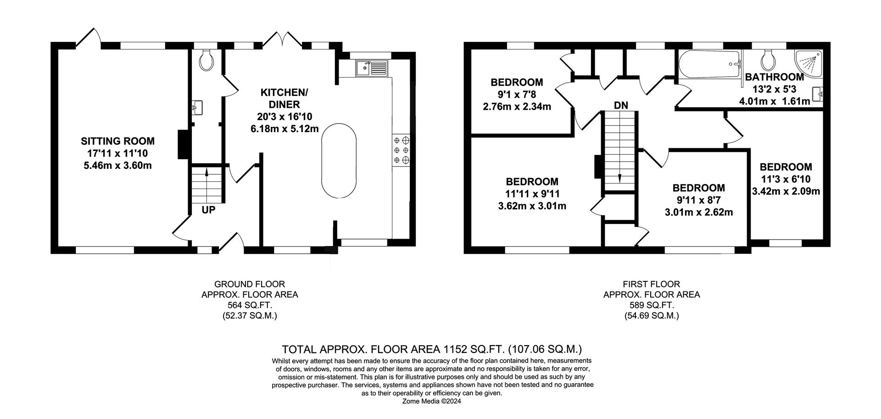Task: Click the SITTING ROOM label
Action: click(118, 141)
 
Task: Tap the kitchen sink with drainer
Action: click(371, 68)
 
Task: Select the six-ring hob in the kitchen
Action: click(401, 150)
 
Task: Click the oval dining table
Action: click(339, 160)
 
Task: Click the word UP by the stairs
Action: click(208, 210)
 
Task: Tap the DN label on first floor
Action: click(621, 105)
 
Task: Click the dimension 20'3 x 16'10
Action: click(284, 117)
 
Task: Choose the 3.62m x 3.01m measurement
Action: click(532, 206)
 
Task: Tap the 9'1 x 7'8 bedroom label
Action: click(517, 95)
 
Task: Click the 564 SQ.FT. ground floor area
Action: click(250, 305)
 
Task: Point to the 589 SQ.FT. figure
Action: click(651, 305)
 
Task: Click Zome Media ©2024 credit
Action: click(431, 401)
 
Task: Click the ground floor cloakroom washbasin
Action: click(197, 108)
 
